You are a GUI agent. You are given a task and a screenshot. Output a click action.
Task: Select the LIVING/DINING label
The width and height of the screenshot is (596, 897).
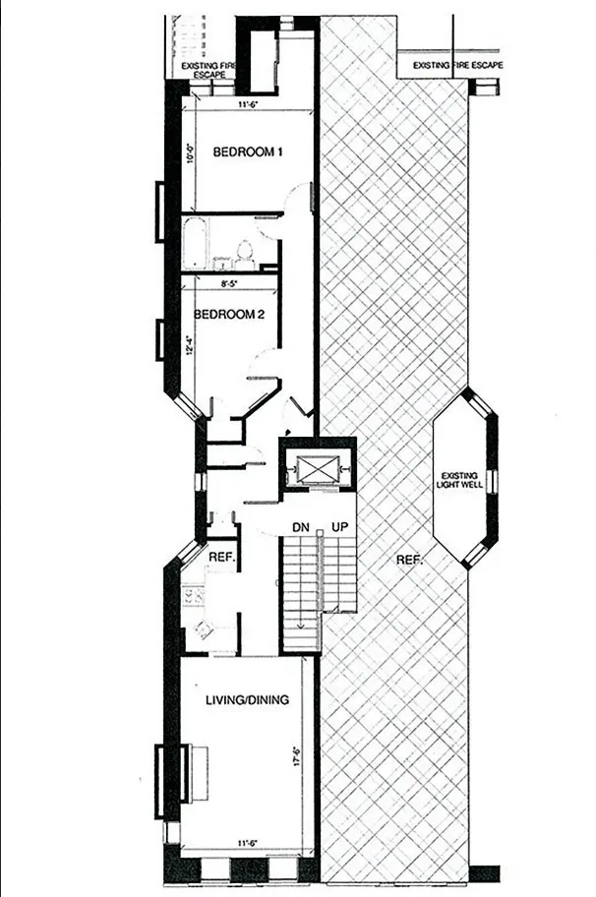[247, 700]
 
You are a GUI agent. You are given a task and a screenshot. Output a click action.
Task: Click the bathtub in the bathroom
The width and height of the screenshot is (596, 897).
[194, 243]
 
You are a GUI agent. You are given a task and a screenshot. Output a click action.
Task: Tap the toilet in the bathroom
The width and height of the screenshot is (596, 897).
[243, 257]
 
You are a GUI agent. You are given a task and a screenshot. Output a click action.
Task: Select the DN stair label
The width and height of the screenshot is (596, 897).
[302, 528]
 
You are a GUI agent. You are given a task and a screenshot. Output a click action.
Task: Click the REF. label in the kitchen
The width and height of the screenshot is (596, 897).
[219, 556]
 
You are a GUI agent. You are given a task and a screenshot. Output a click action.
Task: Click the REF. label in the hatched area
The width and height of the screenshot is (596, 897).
[408, 560]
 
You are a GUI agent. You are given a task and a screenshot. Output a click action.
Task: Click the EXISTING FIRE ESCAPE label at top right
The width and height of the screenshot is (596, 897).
[457, 65]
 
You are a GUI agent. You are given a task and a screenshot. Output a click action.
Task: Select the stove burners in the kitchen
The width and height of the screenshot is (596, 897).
[193, 595]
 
